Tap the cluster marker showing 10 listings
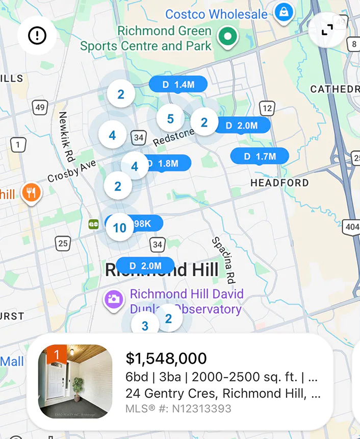point(119,228)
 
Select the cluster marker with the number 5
point(170,119)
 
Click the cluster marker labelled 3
point(145,326)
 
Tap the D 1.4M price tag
point(178,85)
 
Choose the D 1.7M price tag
point(260,156)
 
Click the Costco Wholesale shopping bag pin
point(281,11)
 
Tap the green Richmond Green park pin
point(228,36)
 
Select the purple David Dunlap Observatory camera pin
point(114,299)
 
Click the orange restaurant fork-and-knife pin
point(31,193)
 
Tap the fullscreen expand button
point(327,30)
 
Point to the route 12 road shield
point(267,108)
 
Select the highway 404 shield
point(351,226)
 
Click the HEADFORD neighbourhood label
point(279,183)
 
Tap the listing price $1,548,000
point(166,358)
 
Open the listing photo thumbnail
point(75,381)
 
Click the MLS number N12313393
point(178,408)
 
